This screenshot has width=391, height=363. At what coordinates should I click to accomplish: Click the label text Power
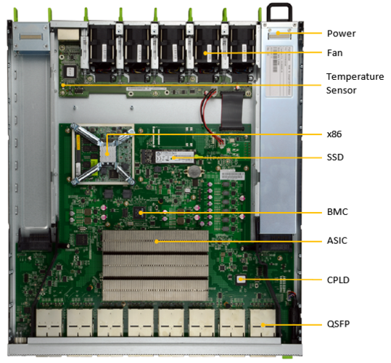click(341, 33)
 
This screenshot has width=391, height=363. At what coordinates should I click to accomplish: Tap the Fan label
click(334, 53)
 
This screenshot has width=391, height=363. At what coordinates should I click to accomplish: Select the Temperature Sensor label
click(355, 83)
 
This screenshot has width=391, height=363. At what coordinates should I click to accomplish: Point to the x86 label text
click(334, 134)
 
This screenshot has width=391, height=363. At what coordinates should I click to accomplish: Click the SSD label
click(335, 157)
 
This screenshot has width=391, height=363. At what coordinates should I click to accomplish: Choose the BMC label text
click(337, 212)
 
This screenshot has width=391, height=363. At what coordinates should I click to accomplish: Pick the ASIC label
click(337, 241)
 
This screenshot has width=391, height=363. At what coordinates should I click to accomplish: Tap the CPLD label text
click(338, 280)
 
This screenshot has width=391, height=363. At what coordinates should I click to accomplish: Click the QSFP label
click(338, 324)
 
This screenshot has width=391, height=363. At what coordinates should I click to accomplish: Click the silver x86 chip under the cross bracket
click(108, 153)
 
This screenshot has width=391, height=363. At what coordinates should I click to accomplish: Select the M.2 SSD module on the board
click(168, 156)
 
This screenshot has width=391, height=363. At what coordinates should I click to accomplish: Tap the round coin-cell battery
click(194, 171)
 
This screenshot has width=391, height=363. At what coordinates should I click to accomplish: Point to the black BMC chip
click(139, 213)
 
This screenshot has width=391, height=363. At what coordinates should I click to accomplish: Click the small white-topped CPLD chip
click(241, 280)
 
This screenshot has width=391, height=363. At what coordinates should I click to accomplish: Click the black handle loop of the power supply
click(279, 5)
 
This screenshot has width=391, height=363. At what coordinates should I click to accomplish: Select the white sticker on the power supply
click(279, 71)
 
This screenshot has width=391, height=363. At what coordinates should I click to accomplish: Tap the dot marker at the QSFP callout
click(263, 325)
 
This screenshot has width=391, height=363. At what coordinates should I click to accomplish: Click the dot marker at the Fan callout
click(205, 53)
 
